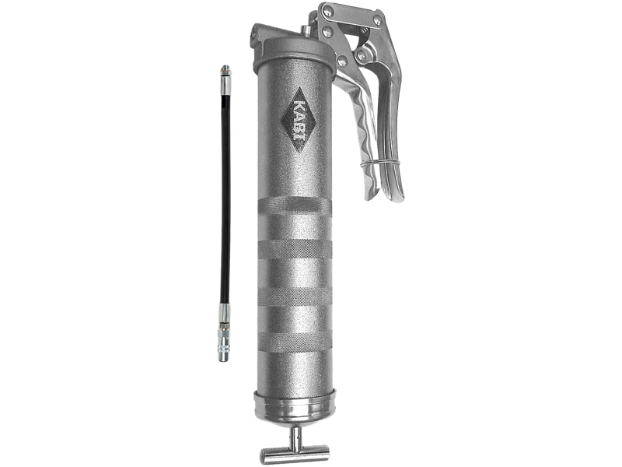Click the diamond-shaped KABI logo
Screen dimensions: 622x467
[x=298, y=121]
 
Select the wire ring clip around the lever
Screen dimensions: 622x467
[x=381, y=163]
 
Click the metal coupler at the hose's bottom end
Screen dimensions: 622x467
[x=224, y=343]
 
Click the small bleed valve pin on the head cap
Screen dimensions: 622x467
[x=305, y=30]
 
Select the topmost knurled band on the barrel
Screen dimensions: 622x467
[x=295, y=206]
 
